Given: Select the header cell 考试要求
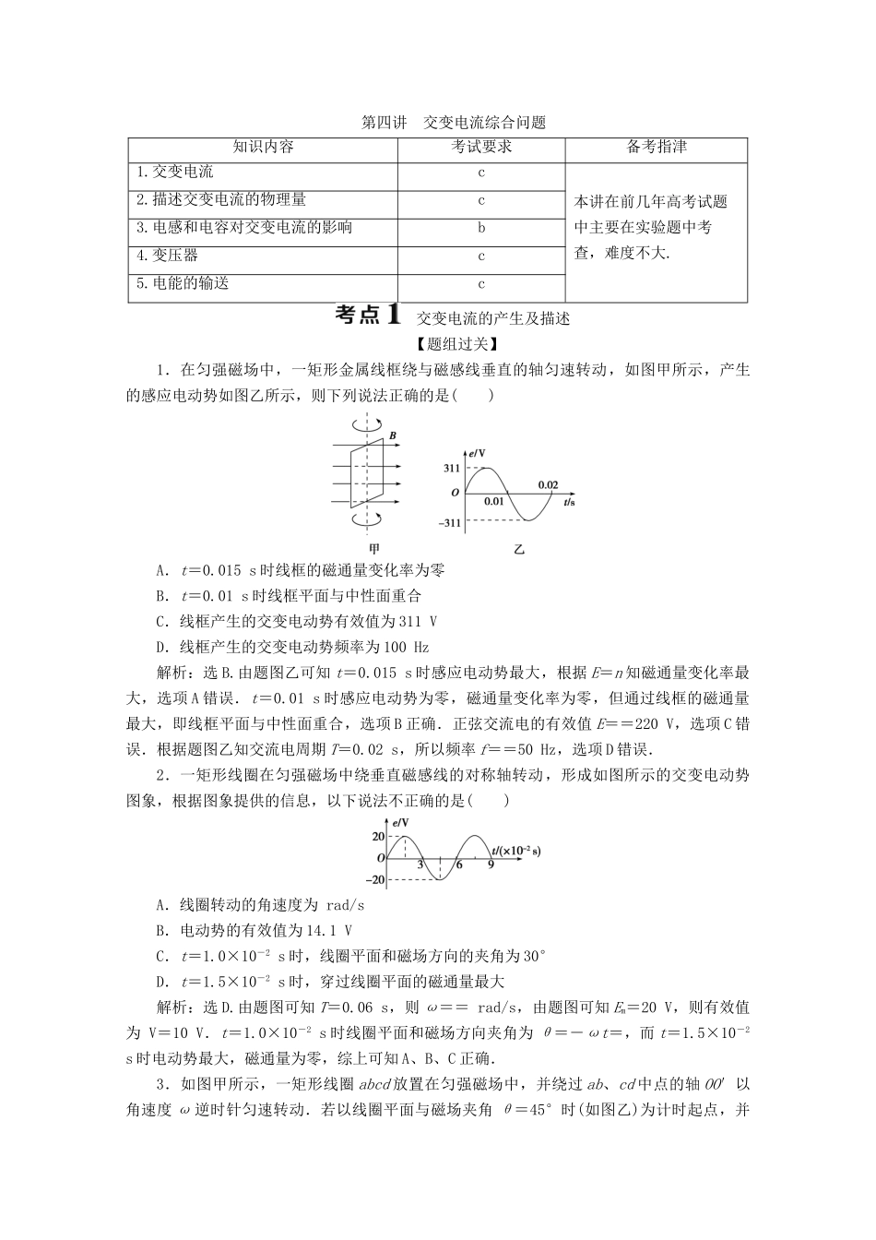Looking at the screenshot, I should point(481,148).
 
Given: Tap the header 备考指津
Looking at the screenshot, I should point(656,148).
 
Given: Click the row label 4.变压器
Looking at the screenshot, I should point(167,256).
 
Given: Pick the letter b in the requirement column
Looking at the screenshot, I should point(481,228).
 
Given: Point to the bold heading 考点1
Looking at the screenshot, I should point(368,316).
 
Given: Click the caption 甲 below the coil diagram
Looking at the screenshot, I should point(373,548).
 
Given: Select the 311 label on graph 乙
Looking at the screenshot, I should point(451,469).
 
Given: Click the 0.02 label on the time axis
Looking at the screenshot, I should point(548,485).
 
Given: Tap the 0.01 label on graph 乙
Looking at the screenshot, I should point(494,502).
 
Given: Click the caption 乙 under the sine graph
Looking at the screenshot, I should point(518,548).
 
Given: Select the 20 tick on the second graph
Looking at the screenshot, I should point(378,837).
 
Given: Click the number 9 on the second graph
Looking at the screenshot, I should point(491,864).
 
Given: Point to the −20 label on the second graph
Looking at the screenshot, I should point(376,879).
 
